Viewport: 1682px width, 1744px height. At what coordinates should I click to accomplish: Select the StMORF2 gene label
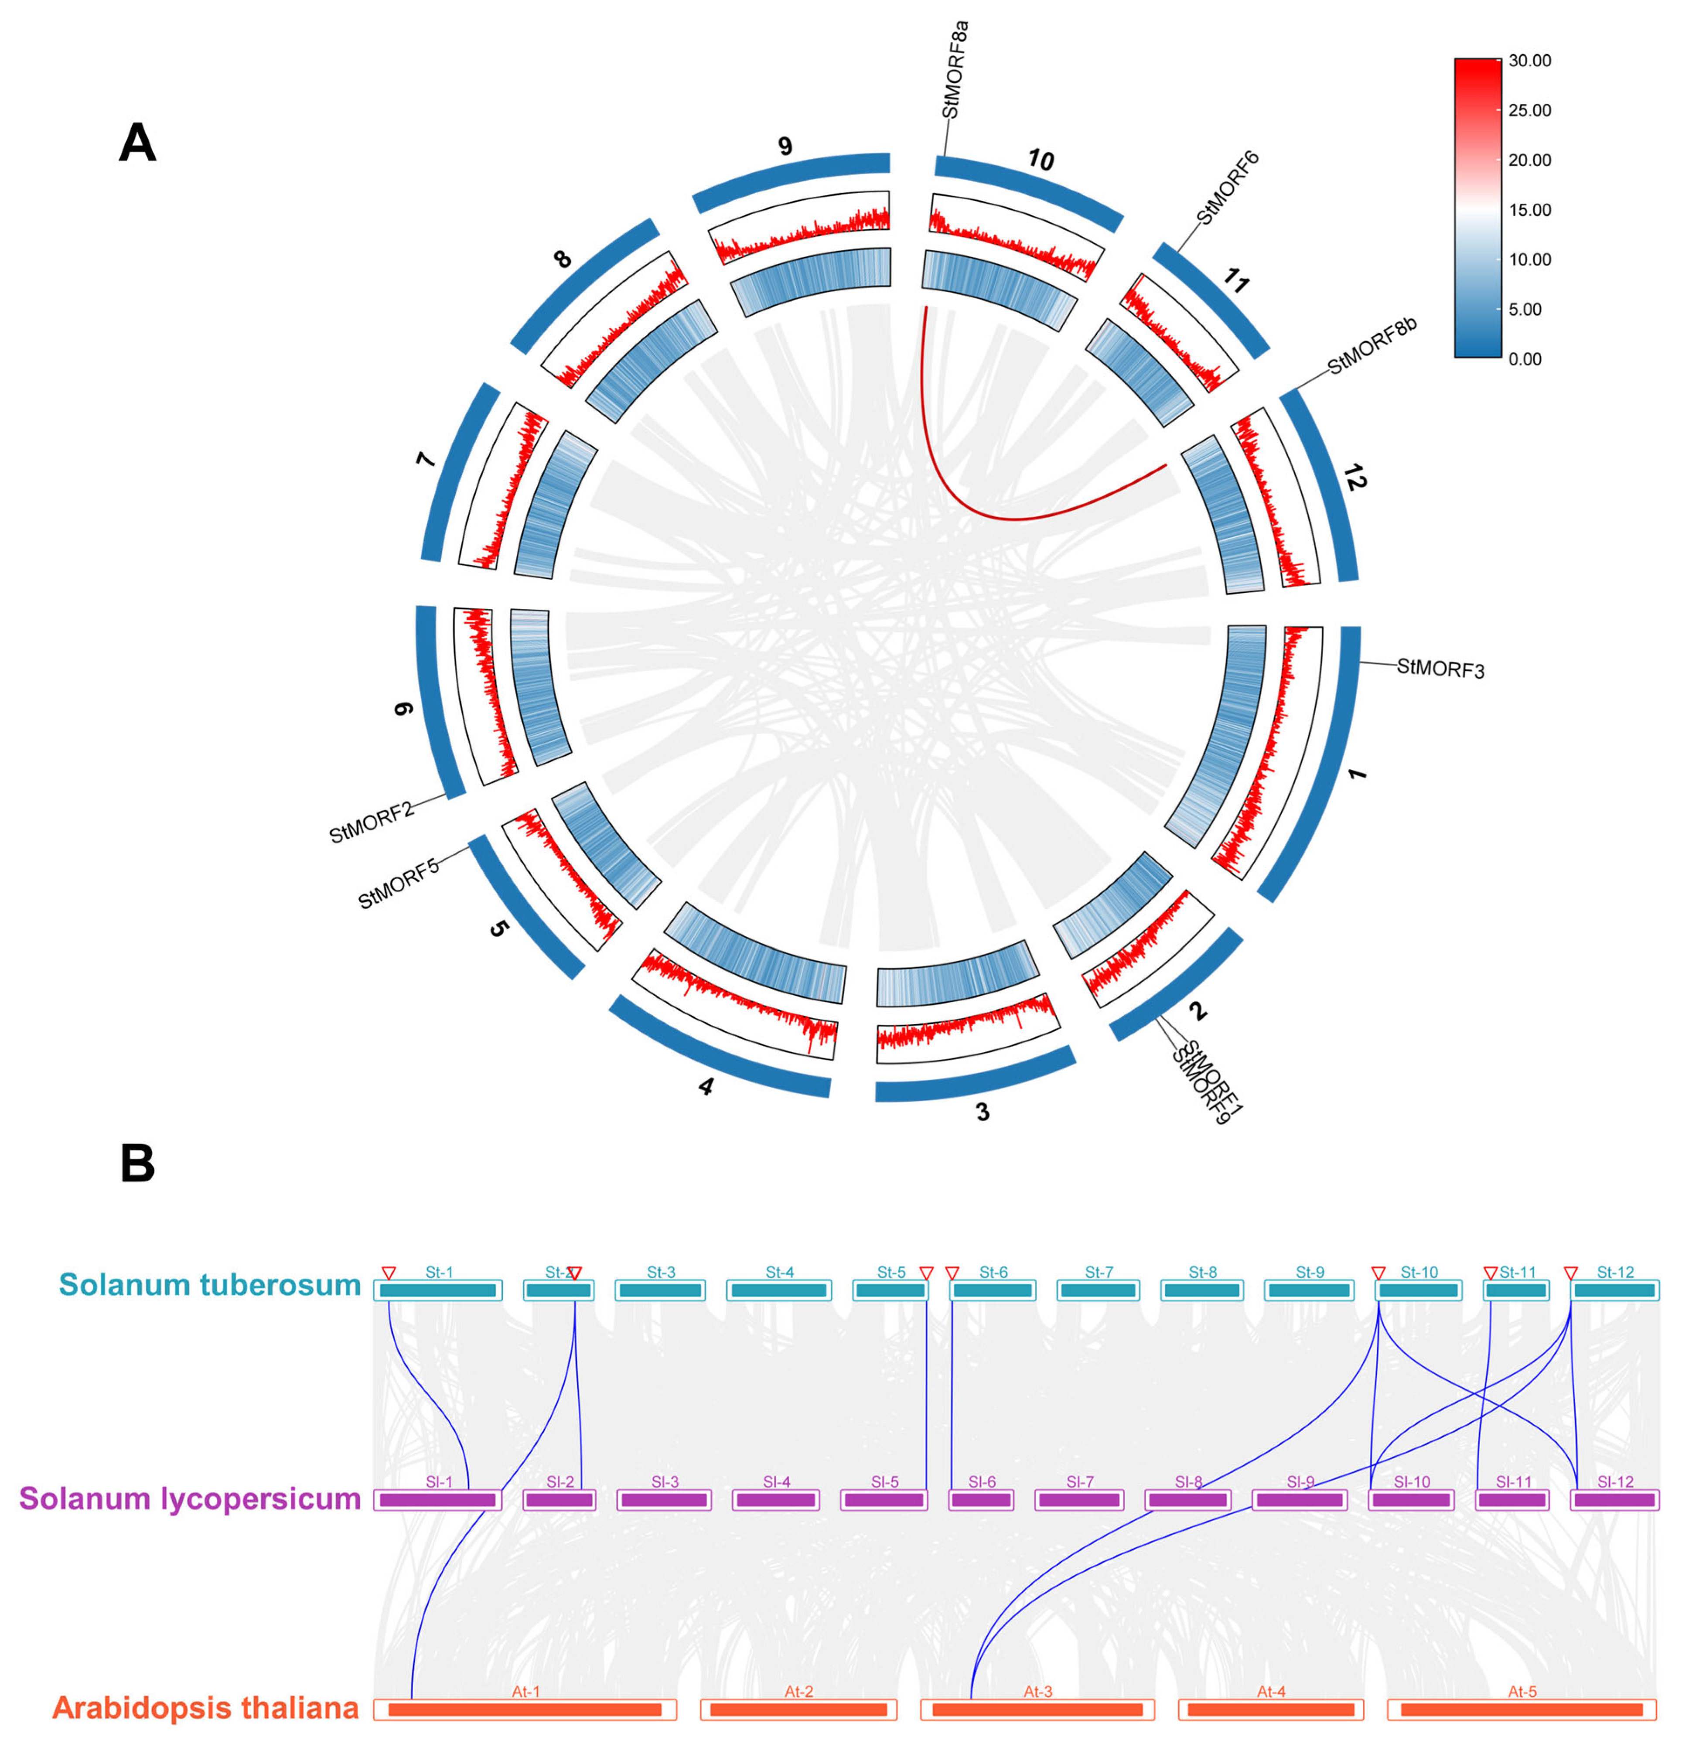pyautogui.click(x=371, y=822)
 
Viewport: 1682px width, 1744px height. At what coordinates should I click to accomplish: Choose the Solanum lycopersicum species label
pyautogui.click(x=190, y=1498)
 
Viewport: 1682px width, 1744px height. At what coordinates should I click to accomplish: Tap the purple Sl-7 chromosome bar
pyautogui.click(x=1079, y=1500)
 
